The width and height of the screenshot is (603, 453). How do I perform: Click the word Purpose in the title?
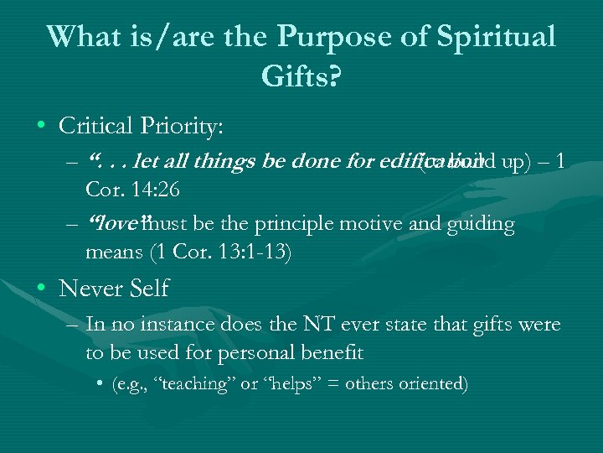(321, 37)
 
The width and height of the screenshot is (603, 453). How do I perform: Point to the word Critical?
(96, 126)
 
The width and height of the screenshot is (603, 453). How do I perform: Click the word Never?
(90, 289)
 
